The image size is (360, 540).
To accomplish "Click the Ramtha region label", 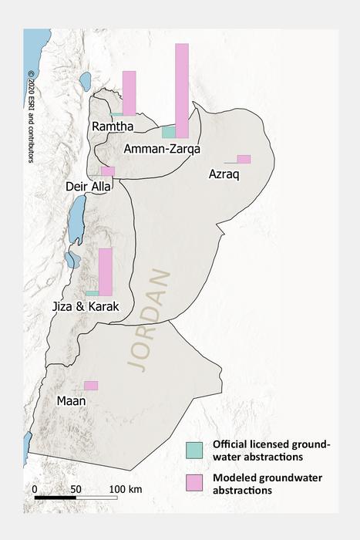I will [x=113, y=127].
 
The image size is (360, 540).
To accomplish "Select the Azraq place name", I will [x=224, y=175].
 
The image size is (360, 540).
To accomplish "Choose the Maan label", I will [x=70, y=400].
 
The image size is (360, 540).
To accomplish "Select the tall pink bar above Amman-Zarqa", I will [x=182, y=90].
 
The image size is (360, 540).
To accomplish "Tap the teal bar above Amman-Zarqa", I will [x=168, y=132].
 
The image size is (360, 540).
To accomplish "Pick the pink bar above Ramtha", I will [x=129, y=93].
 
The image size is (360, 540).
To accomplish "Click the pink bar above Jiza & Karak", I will [x=106, y=272].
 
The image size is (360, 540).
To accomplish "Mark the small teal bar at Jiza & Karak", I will [x=92, y=293].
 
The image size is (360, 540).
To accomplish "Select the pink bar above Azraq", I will [x=244, y=159].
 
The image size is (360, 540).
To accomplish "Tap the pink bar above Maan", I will [x=91, y=385].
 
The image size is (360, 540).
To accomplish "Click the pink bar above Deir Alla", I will [x=108, y=171].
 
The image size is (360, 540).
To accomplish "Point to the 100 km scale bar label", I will [x=124, y=489].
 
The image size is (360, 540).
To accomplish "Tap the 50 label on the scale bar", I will [x=76, y=489].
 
